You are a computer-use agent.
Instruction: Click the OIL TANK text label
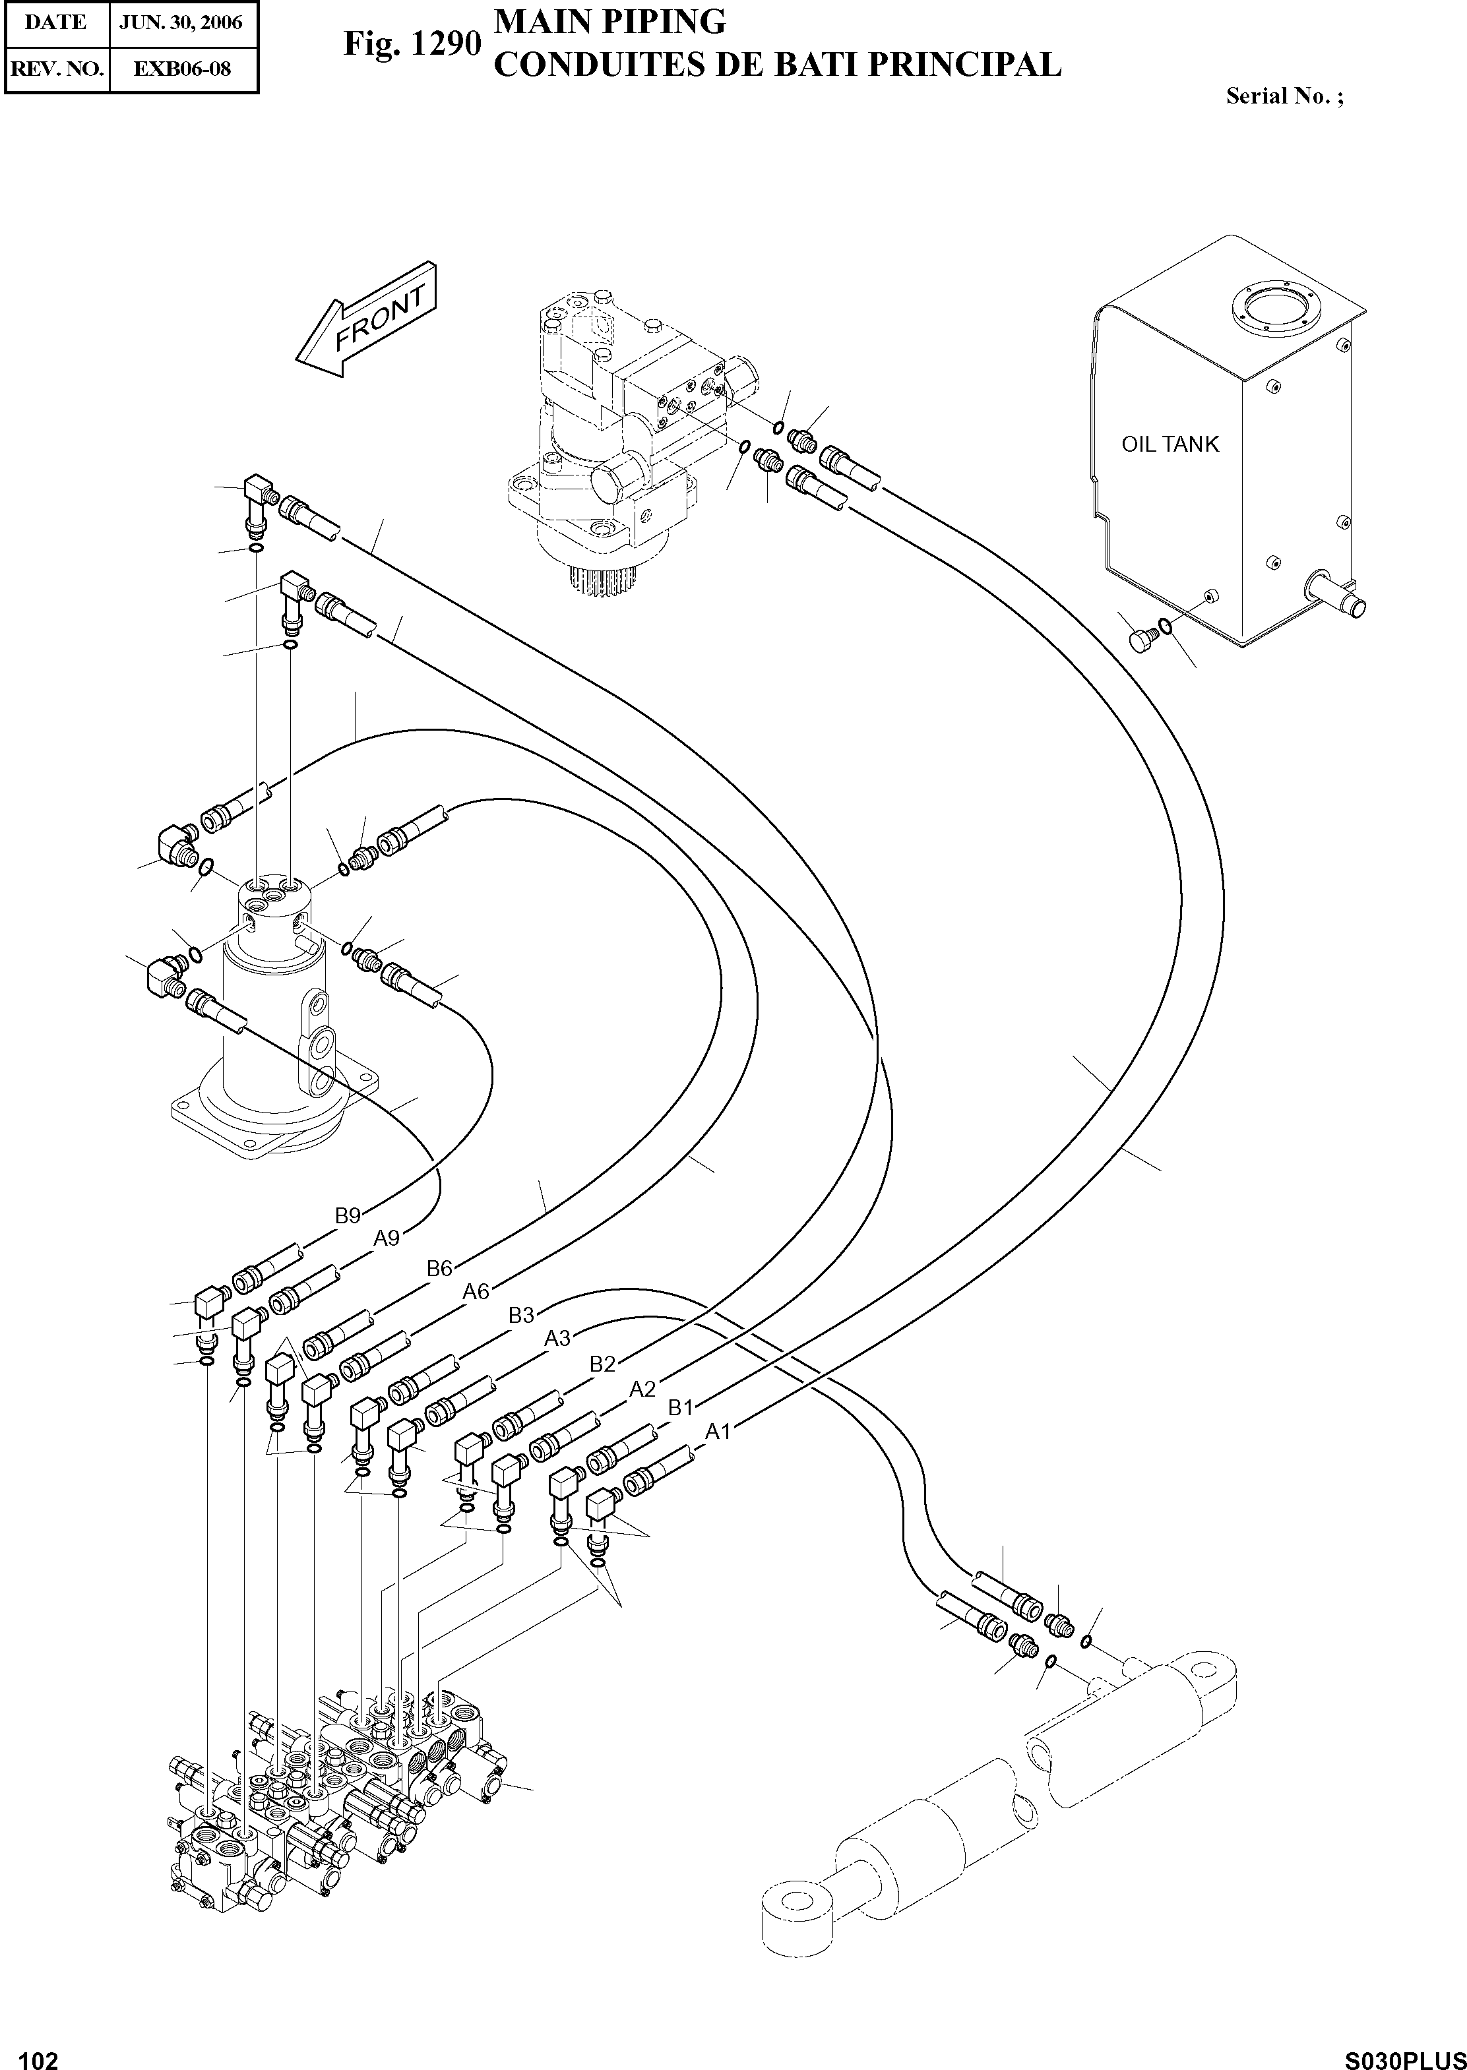pyautogui.click(x=1170, y=444)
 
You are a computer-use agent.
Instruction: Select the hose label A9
pyautogui.click(x=387, y=1238)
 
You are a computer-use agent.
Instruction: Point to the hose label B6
pyautogui.click(x=439, y=1268)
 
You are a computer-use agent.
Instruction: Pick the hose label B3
pyautogui.click(x=521, y=1316)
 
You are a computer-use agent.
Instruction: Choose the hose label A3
pyautogui.click(x=557, y=1339)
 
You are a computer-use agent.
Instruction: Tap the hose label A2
pyautogui.click(x=642, y=1389)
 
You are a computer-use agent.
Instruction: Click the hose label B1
pyautogui.click(x=680, y=1407)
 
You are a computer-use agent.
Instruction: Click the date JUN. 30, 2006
pyautogui.click(x=183, y=22)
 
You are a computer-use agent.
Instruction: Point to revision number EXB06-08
pyautogui.click(x=183, y=69)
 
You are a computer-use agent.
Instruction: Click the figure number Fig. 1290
pyautogui.click(x=411, y=44)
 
